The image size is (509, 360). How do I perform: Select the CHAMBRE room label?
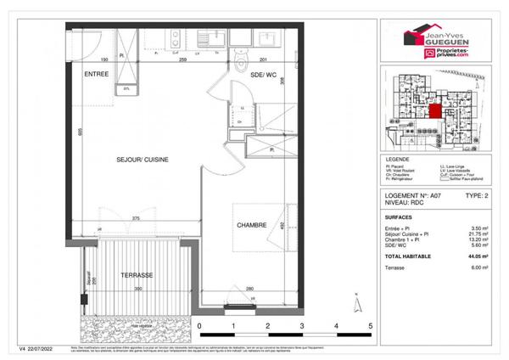(252, 225)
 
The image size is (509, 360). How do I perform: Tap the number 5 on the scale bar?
(371, 325)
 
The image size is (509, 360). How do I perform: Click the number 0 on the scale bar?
(199, 325)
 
